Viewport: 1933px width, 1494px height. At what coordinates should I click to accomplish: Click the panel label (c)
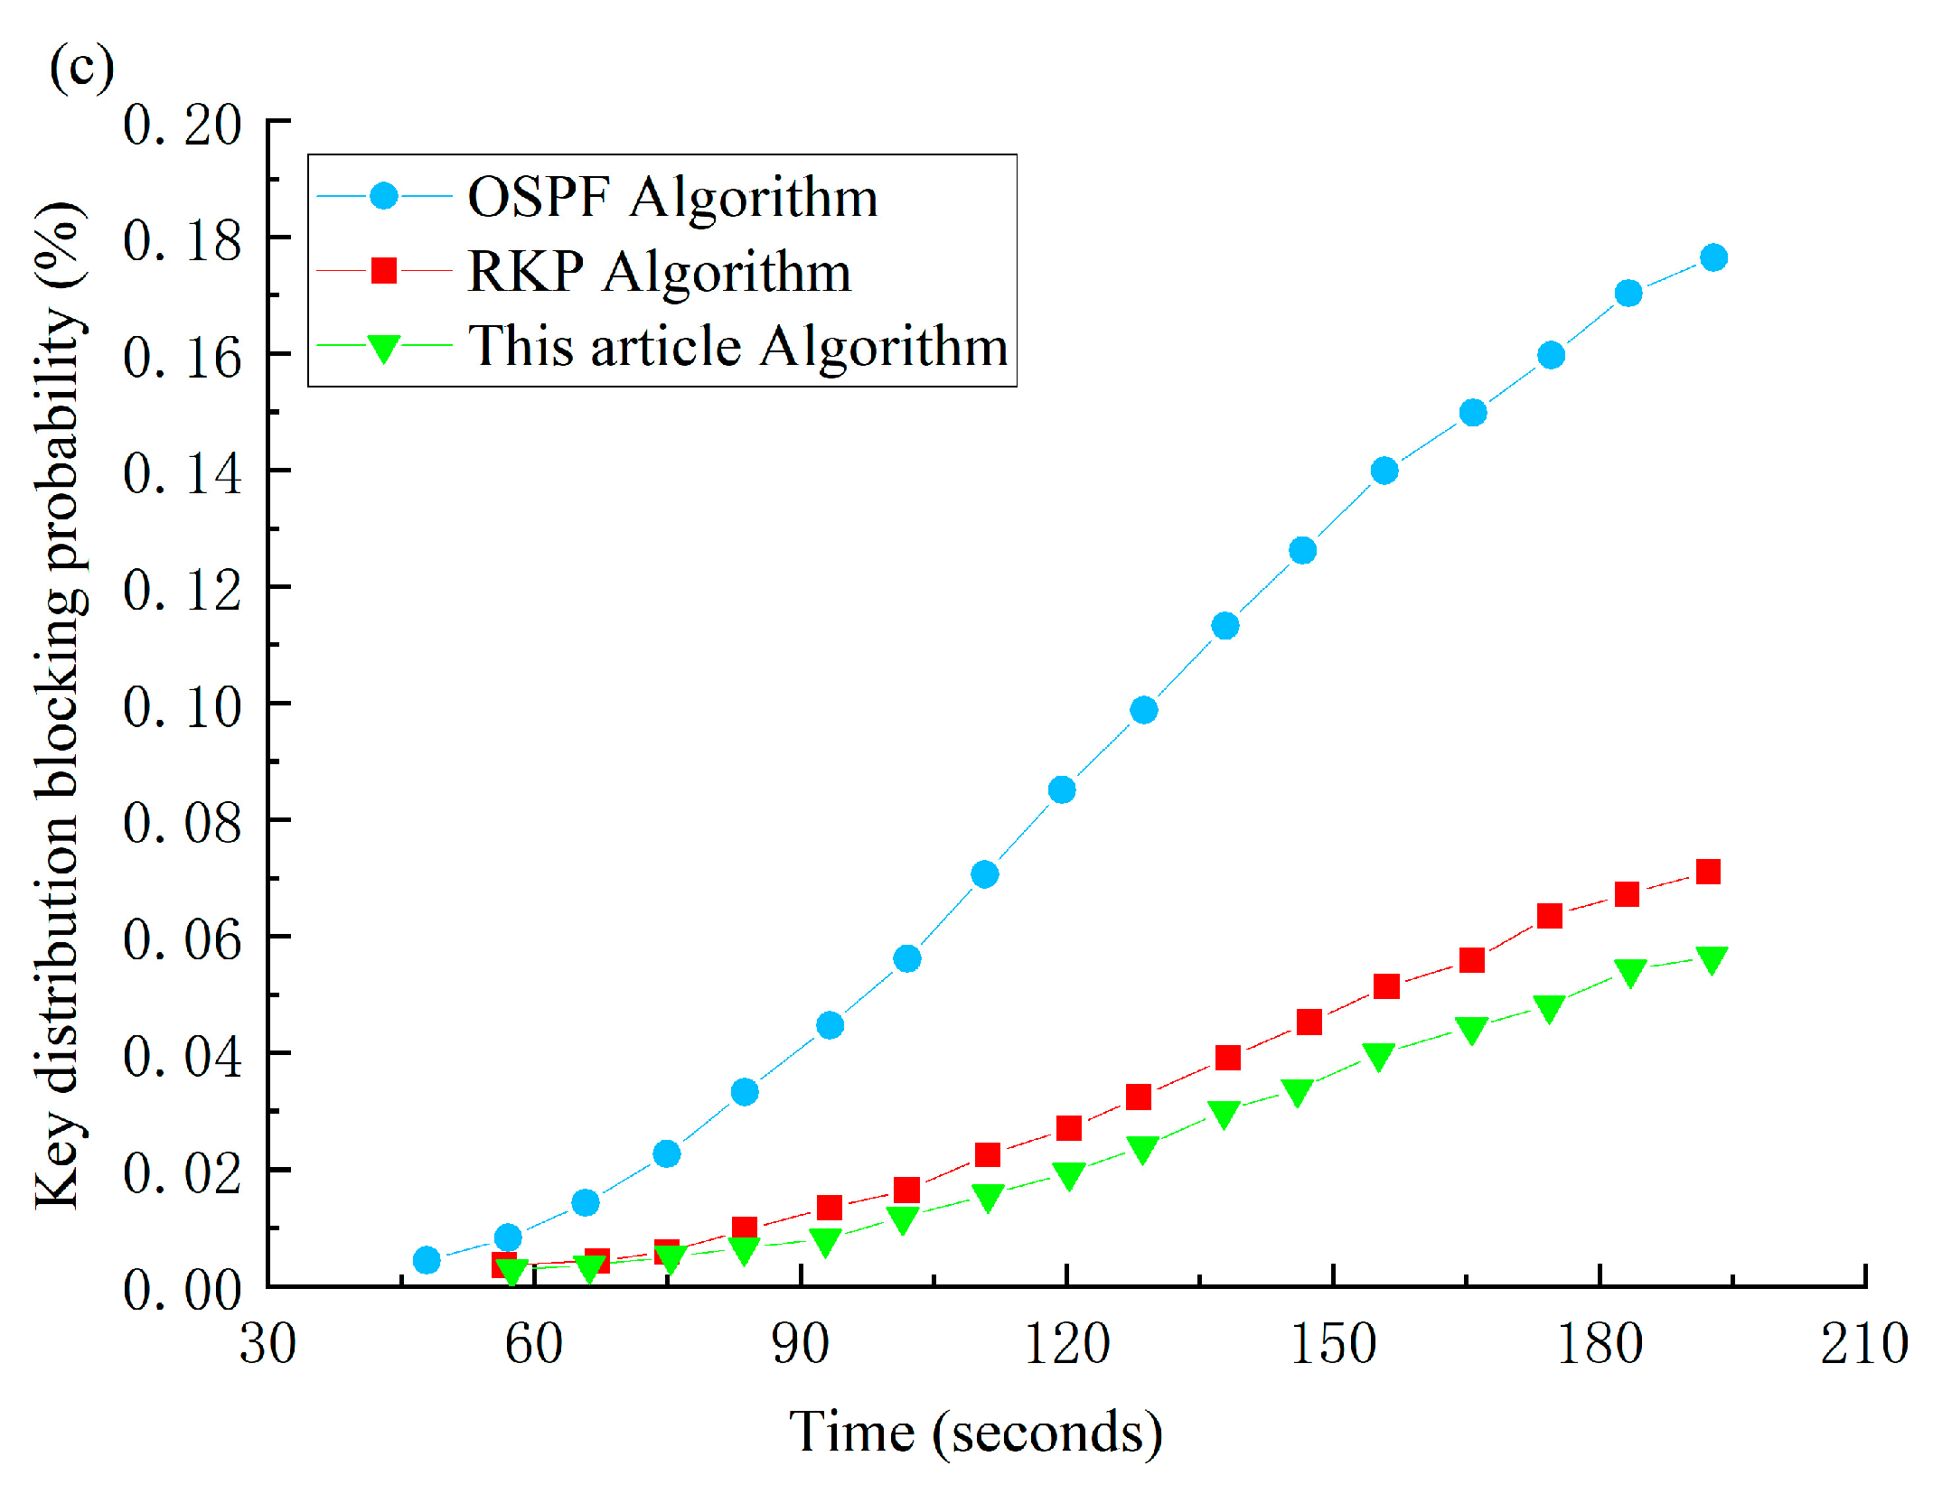point(81,68)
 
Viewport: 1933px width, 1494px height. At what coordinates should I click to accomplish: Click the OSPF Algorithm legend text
point(672,197)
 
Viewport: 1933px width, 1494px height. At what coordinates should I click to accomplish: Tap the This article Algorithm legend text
point(737,346)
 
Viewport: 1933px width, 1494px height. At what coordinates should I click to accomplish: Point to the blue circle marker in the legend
point(384,196)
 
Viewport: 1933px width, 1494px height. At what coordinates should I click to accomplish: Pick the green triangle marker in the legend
point(383,348)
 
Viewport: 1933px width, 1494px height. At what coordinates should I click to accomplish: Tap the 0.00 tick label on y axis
point(183,1289)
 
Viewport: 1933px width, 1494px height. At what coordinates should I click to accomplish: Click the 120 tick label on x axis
point(1066,1344)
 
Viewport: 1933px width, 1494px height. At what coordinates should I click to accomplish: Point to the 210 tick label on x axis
point(1864,1344)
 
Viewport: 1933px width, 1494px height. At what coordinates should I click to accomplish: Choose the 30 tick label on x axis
point(267,1344)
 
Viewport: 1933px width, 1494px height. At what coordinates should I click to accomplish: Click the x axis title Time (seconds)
point(976,1433)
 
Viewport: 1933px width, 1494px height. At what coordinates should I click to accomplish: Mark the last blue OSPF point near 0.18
point(1713,257)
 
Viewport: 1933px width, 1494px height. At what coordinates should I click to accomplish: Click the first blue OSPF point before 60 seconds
point(427,1260)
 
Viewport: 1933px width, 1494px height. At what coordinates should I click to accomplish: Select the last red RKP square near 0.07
point(1708,872)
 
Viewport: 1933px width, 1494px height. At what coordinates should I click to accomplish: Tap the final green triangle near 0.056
point(1712,959)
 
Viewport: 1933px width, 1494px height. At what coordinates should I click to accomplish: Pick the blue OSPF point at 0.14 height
point(1384,471)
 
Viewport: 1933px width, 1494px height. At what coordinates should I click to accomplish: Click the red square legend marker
point(384,271)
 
